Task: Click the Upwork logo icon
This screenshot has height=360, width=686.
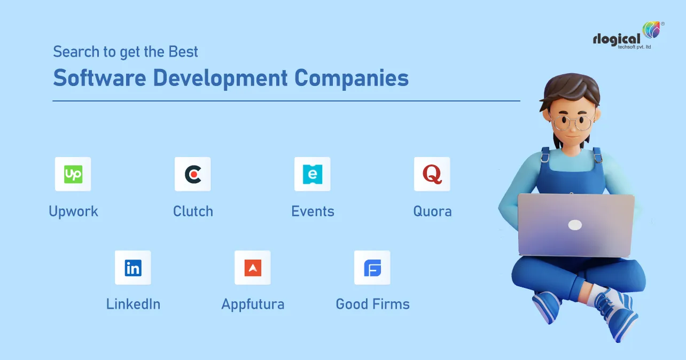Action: tap(73, 174)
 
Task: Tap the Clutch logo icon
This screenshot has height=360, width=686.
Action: tap(193, 174)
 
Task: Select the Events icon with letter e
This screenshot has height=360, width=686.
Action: tap(313, 174)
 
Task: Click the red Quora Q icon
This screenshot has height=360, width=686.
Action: tap(432, 174)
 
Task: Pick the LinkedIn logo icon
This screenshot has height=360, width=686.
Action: tap(133, 268)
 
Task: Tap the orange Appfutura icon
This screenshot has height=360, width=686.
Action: tap(253, 268)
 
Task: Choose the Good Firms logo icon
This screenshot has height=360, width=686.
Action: tap(372, 268)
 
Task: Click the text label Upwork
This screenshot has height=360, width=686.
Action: tap(73, 212)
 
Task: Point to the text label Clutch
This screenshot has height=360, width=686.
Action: tap(193, 212)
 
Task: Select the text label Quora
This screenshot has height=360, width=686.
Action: tap(432, 212)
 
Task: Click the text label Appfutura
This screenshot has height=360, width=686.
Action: tap(253, 305)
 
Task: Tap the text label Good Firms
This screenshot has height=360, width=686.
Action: tap(372, 304)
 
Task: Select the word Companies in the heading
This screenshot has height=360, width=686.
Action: tap(352, 79)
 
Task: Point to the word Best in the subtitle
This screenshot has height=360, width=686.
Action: tap(183, 52)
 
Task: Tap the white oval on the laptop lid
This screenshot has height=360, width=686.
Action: tap(575, 225)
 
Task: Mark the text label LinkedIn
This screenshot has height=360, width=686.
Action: tap(133, 304)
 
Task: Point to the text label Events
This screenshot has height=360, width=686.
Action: tap(313, 212)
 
